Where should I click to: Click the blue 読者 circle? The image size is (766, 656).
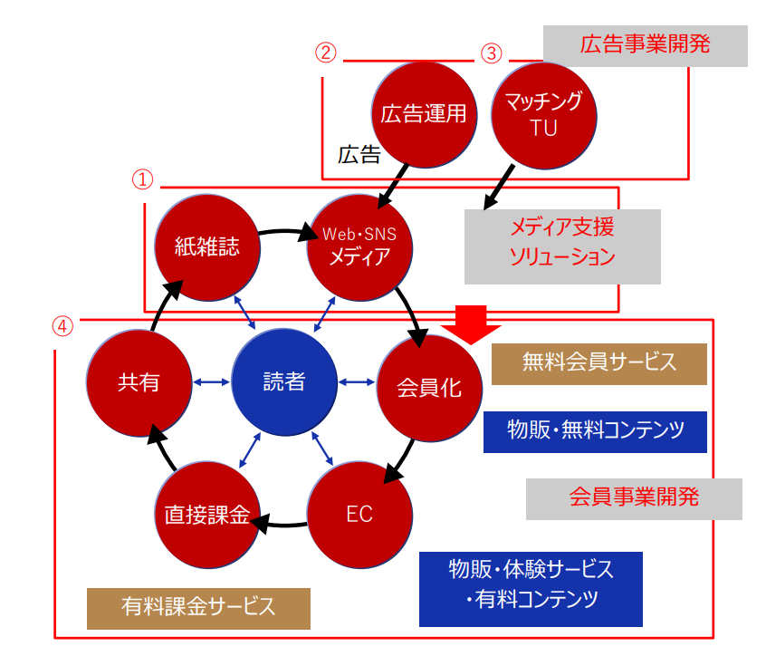(284, 381)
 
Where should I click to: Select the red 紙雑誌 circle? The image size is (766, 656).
(207, 246)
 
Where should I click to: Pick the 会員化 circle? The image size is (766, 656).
(429, 388)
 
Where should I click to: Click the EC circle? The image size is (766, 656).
(360, 514)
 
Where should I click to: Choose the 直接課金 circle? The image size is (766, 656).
(207, 514)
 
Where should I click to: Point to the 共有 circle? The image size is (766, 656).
(139, 381)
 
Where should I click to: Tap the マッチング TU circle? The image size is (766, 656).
(543, 113)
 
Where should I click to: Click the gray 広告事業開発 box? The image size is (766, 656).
(646, 45)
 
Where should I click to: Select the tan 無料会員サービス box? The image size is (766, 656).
(598, 362)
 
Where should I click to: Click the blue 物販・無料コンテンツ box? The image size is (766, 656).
(595, 429)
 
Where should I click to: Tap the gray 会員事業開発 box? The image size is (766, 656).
(634, 497)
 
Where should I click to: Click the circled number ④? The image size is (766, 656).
(62, 325)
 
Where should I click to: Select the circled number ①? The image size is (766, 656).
(144, 178)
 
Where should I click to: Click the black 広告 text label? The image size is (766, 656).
(359, 155)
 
